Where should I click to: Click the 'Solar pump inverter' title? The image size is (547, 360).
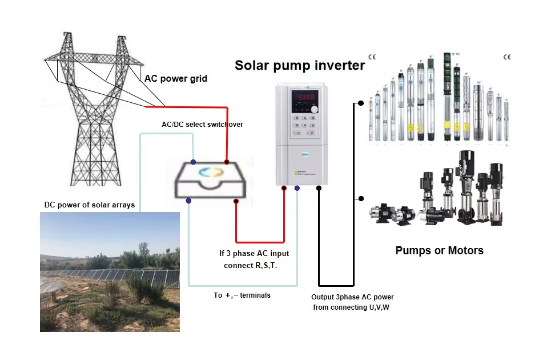pos(299,65)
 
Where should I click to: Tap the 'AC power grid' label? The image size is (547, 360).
pos(175,79)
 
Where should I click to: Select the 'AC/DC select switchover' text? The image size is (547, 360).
pos(199,124)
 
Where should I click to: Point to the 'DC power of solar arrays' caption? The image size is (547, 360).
pos(90,205)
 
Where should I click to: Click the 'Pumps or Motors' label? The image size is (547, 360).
pos(439,250)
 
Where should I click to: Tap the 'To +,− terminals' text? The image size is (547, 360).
pos(242,295)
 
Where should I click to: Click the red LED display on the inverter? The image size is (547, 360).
pos(304,97)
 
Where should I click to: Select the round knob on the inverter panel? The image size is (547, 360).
pos(313,109)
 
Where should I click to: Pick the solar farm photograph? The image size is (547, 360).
pos(110,272)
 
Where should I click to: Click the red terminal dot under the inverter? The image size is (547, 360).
pos(284,187)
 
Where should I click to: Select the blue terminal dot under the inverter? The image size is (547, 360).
pos(297,187)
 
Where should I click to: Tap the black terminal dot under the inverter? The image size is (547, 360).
pos(319,187)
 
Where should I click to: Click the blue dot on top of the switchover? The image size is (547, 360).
pos(194,162)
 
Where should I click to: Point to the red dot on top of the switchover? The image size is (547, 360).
pos(227,162)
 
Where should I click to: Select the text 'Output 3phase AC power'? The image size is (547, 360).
pos(352,297)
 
